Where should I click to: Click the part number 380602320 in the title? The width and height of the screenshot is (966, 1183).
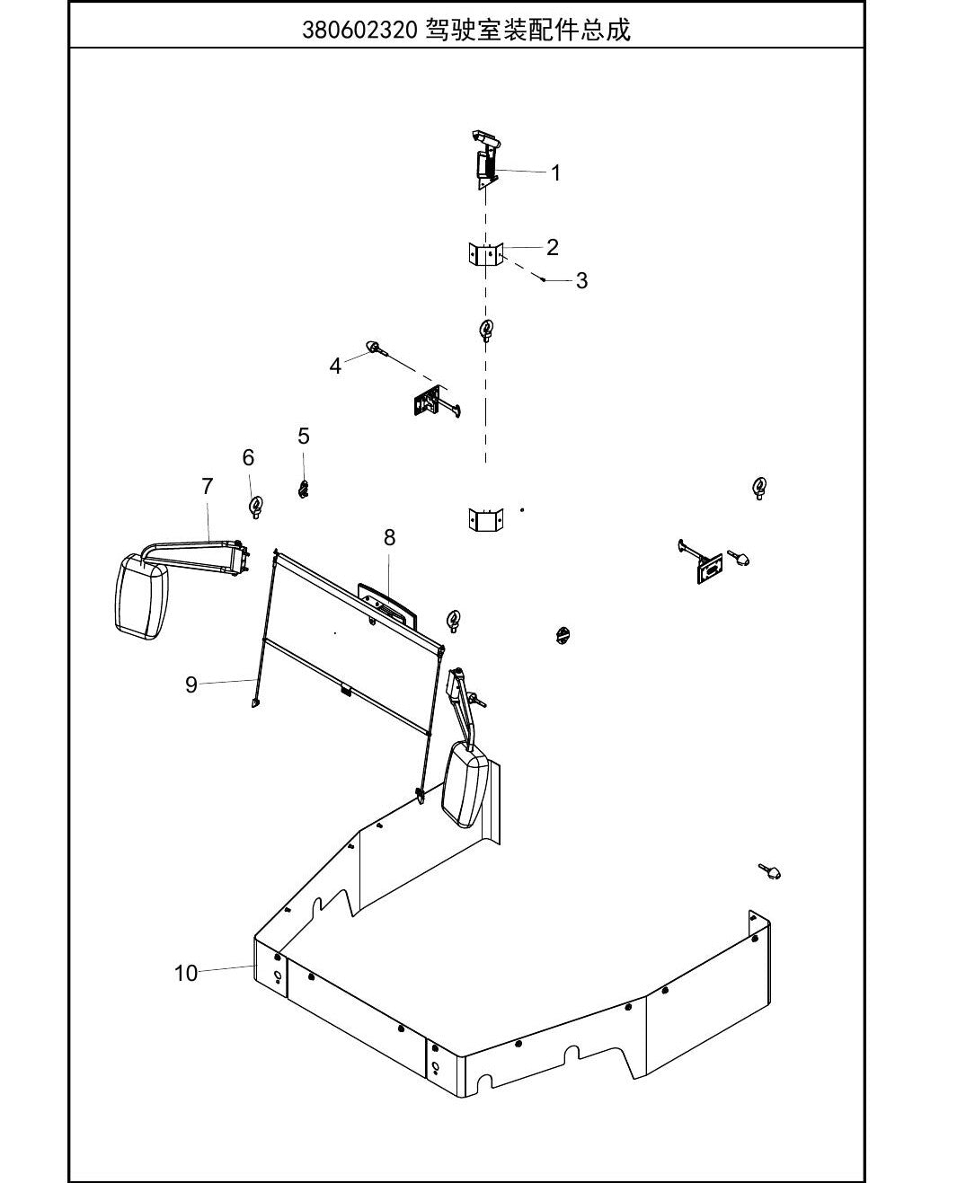(x=359, y=31)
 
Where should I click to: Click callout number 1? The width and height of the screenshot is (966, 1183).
(x=555, y=173)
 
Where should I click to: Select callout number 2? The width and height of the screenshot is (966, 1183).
(x=553, y=247)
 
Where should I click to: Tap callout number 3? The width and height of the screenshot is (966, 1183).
(x=581, y=280)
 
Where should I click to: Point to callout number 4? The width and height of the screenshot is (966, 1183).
(x=335, y=366)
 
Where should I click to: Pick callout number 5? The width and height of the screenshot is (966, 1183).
(x=304, y=436)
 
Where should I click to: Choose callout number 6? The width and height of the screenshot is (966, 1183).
(x=248, y=458)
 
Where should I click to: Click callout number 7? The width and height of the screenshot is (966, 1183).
(x=208, y=486)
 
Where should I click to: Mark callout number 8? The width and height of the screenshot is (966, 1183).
(x=389, y=537)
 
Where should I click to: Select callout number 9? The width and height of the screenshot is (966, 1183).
(x=191, y=684)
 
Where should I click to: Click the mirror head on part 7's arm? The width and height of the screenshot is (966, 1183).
(x=140, y=596)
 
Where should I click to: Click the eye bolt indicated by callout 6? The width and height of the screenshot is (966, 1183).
(x=256, y=508)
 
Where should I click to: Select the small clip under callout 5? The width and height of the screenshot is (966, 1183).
(x=303, y=490)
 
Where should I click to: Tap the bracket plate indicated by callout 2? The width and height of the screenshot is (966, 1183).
(x=486, y=254)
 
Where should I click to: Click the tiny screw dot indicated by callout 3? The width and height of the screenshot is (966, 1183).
(x=543, y=279)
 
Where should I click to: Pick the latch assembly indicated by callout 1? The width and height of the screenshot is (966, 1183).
(x=486, y=160)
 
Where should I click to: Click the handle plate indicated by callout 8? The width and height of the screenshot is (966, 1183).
(x=388, y=607)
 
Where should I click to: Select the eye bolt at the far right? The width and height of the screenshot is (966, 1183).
(x=760, y=488)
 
